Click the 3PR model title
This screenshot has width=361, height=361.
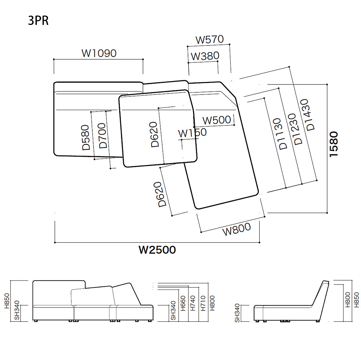[x=38, y=21]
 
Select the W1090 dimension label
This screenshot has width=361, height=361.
[x=99, y=53]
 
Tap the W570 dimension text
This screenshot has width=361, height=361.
[x=209, y=40]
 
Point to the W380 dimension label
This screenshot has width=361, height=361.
[x=205, y=56]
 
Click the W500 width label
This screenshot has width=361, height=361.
[x=217, y=120]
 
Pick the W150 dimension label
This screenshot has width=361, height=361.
[x=192, y=133]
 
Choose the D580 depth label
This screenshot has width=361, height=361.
[x=86, y=138]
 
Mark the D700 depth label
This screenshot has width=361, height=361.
[x=102, y=136]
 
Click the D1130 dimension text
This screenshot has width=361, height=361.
[x=280, y=134]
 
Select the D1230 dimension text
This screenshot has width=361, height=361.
[x=295, y=129]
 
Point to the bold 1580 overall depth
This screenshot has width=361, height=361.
[x=334, y=144]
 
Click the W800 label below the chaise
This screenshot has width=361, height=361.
[x=236, y=229]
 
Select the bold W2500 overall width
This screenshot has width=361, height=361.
[x=157, y=250]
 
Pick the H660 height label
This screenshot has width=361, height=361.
[x=183, y=304]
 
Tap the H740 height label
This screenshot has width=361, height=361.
[x=193, y=303]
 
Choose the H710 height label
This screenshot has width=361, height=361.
[x=203, y=303]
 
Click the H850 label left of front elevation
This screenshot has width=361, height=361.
[x=7, y=301]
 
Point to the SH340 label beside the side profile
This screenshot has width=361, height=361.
[x=237, y=313]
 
